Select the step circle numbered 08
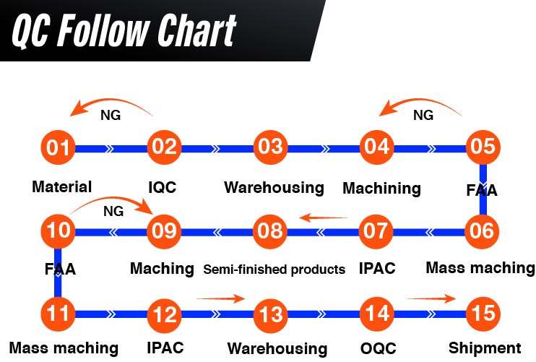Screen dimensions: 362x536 270,231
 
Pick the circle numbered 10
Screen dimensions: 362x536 59,231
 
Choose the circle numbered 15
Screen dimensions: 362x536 482,314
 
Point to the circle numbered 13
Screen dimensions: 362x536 270,314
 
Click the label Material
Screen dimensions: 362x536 62,187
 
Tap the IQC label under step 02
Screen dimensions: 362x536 162,188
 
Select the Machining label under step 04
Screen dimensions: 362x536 381,189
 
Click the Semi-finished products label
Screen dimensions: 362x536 274,270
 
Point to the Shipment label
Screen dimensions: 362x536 485,348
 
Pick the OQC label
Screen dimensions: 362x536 379,348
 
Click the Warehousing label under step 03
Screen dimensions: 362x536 274,188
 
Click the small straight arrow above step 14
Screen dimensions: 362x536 431,298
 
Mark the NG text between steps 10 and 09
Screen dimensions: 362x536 113,212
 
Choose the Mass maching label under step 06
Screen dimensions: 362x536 480,268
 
